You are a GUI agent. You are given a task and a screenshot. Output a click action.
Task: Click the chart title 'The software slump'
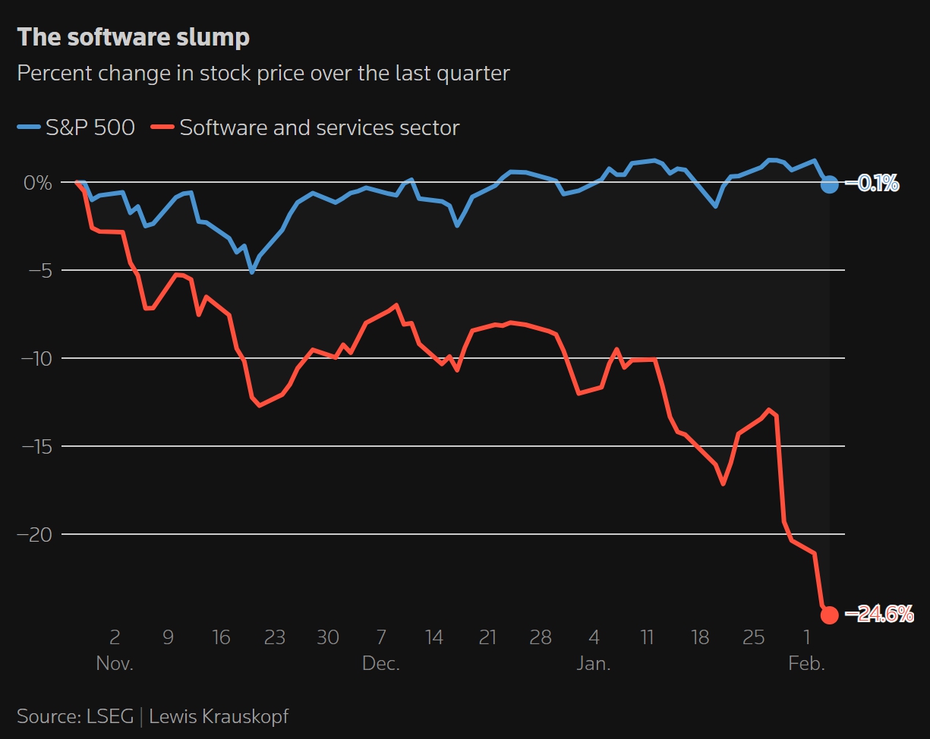point(133,37)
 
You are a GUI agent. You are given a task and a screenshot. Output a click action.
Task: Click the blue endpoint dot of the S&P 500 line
point(829,184)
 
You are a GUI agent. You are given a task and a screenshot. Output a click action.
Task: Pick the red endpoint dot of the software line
point(829,615)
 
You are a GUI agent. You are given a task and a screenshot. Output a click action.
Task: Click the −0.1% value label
point(878,184)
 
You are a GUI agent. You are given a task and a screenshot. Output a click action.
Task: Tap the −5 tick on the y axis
point(38,270)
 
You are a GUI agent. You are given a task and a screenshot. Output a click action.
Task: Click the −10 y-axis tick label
point(35,358)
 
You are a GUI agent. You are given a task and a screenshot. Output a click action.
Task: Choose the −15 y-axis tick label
point(35,446)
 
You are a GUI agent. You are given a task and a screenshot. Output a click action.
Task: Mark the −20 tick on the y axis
point(35,534)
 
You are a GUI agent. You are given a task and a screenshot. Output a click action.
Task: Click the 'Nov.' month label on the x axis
point(115,663)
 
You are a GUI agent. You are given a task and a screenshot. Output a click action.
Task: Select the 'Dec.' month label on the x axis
point(381,663)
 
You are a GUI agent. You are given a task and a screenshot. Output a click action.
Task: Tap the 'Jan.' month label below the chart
point(594,663)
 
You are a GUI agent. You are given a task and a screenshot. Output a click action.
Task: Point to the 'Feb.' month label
point(806,663)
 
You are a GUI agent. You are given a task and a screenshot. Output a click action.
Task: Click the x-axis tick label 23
point(274,637)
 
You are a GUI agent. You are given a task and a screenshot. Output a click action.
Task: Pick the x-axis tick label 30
point(328,637)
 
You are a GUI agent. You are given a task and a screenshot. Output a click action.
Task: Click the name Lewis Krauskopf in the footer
point(219,716)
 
